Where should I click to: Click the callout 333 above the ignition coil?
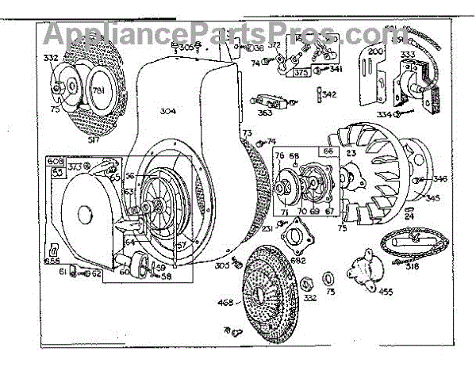(x=411, y=55)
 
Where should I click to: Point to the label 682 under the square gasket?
(x=299, y=260)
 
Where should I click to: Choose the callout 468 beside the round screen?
(x=225, y=301)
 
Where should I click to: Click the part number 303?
(x=222, y=265)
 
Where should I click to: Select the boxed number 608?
(x=57, y=160)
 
